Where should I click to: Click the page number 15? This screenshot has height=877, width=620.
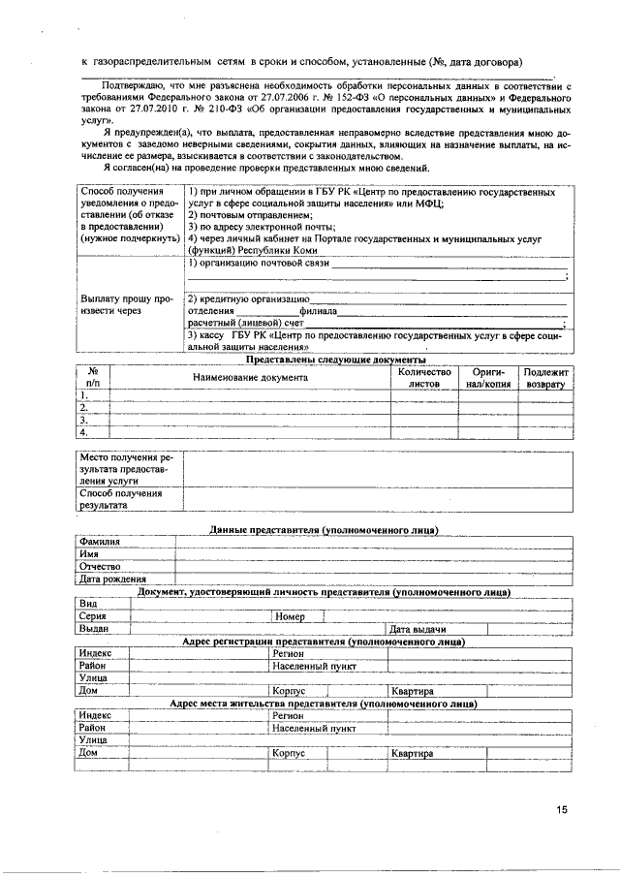pos(563,810)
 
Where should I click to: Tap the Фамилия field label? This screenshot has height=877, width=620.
pos(100,541)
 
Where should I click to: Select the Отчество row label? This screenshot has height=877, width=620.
pos(100,566)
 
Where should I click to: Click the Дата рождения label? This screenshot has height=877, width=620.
pos(112,579)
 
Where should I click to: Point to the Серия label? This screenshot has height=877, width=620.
pos(93,616)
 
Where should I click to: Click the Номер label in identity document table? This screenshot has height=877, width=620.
pos(290,616)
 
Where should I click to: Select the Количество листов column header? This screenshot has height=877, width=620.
pos(424,377)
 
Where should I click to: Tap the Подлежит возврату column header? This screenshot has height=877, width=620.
pos(548,377)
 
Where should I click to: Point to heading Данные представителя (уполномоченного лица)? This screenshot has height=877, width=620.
pos(324,529)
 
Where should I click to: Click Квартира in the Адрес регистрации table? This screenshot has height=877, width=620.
pos(412,691)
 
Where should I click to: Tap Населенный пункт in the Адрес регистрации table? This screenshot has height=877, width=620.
pos(314,667)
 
